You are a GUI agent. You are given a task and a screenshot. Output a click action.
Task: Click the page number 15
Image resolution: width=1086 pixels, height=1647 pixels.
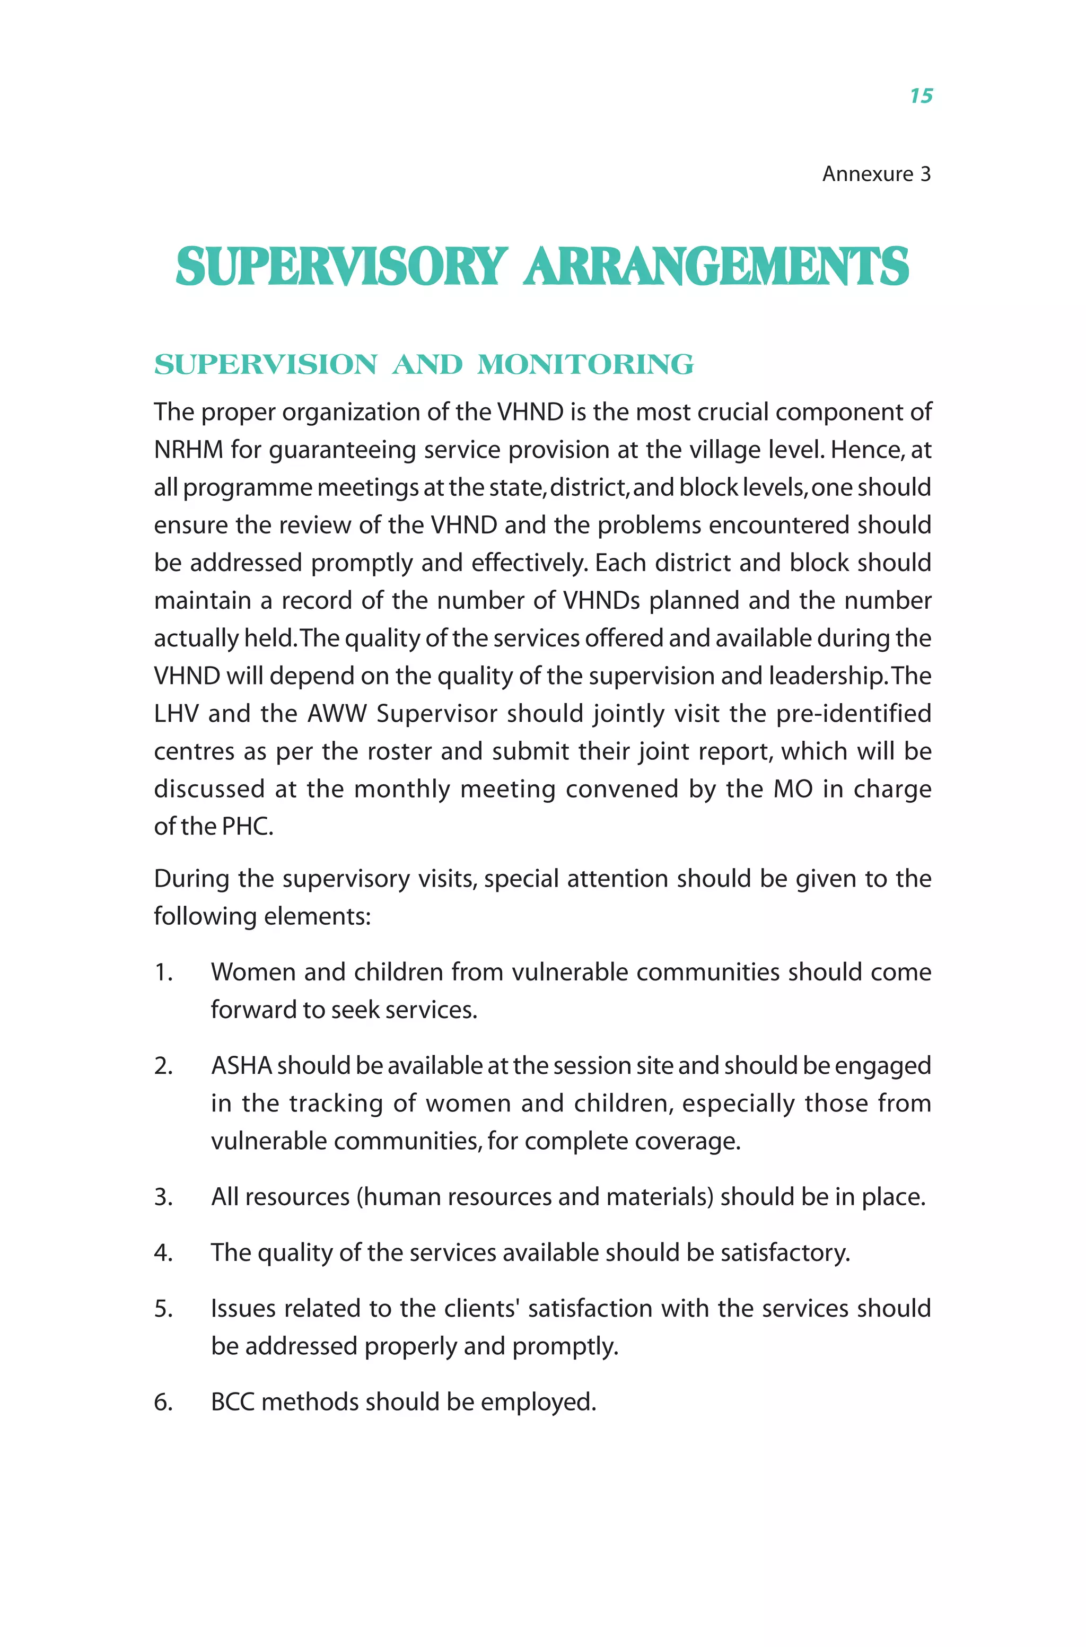(921, 95)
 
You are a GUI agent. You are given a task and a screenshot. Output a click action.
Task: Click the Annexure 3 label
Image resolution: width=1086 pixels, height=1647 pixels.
(875, 174)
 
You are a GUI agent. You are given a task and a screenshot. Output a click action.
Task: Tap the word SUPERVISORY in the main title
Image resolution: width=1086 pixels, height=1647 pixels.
(341, 267)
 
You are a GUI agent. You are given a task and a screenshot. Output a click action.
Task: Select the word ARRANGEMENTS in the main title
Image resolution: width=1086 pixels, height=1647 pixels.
(716, 267)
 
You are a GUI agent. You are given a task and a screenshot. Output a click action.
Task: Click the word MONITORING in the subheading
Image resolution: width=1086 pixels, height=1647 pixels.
(585, 365)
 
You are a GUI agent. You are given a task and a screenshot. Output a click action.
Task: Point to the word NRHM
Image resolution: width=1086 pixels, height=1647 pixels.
(188, 450)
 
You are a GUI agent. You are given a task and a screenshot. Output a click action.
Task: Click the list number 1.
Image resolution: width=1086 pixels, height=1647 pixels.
(163, 973)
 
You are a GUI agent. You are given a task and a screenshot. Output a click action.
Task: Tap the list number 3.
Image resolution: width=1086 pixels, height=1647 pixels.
(163, 1197)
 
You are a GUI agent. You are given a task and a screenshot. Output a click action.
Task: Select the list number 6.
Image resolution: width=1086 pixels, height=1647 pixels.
(163, 1402)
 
